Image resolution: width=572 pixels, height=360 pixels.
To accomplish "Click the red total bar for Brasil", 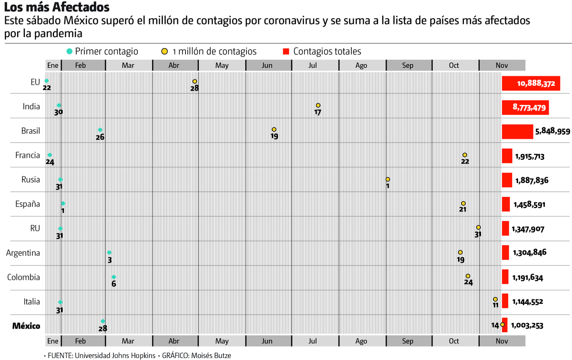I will tap(517, 132).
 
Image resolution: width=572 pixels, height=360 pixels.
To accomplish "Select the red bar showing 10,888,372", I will tap(531, 83).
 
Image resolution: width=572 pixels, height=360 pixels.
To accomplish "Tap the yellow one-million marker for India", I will tap(318, 105).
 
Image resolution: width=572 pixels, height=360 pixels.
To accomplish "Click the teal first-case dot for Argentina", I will tap(109, 253).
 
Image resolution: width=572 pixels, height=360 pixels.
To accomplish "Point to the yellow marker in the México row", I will tap(502, 325).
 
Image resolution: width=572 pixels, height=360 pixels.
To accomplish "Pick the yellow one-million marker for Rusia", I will tap(388, 179).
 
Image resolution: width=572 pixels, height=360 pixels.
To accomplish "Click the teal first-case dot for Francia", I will tap(50, 155).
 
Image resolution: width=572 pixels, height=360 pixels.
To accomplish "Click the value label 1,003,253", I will tap(527, 326).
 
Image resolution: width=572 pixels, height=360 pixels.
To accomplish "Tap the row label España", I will tap(28, 204).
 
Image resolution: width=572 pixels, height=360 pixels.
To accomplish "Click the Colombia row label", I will tap(23, 278).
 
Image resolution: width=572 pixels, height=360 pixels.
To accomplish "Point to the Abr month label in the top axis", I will tap(174, 66).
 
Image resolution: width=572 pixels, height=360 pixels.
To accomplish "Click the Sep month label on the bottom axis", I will tap(408, 341).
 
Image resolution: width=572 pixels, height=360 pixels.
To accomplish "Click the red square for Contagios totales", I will tap(286, 51).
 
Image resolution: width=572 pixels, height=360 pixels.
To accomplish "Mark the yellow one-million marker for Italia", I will tap(495, 299).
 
